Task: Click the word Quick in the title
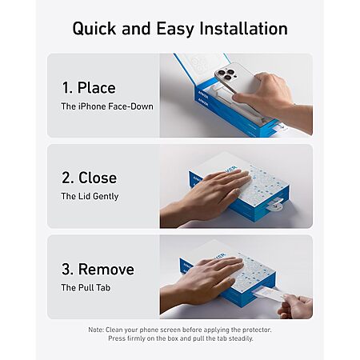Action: point(94,29)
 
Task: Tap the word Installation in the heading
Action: point(244,28)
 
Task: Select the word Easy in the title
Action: point(175,29)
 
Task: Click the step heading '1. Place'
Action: point(89,88)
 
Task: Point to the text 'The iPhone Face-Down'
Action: point(107,106)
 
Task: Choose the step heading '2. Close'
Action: point(89,178)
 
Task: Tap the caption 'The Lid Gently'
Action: point(90,197)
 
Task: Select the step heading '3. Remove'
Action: point(98,269)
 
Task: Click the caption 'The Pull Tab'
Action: point(86,288)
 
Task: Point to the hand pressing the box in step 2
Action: point(206,198)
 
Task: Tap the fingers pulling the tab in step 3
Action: point(294,306)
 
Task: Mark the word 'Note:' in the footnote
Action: point(96,330)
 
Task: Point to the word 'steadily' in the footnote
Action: point(240,338)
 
